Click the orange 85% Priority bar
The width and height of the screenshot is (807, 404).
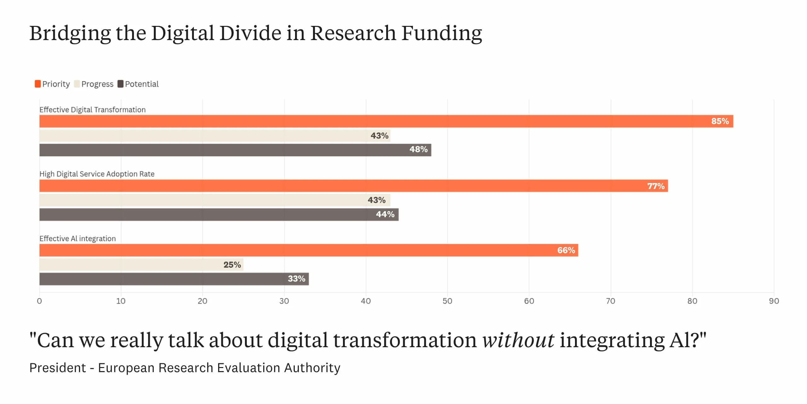(x=386, y=121)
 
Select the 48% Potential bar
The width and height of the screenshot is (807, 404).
(x=235, y=150)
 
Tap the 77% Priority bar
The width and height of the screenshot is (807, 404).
(x=353, y=186)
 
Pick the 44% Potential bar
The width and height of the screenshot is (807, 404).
(x=219, y=215)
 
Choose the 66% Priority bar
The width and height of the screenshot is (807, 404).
(x=309, y=250)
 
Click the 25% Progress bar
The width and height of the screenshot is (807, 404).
(x=141, y=264)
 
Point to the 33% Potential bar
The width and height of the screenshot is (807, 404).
(x=174, y=279)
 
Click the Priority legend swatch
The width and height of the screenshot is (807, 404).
(x=38, y=84)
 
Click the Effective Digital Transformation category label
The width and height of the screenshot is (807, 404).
(x=92, y=110)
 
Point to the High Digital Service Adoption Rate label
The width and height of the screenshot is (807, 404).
(x=97, y=174)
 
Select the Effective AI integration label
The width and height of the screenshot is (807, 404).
(x=78, y=239)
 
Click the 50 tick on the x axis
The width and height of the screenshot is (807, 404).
(x=447, y=301)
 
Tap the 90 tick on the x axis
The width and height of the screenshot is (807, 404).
(x=774, y=301)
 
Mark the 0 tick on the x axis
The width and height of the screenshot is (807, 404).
(x=39, y=301)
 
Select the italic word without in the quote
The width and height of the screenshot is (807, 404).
(x=518, y=340)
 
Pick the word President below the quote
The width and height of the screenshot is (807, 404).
(x=58, y=368)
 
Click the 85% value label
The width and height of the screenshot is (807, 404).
(x=720, y=121)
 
